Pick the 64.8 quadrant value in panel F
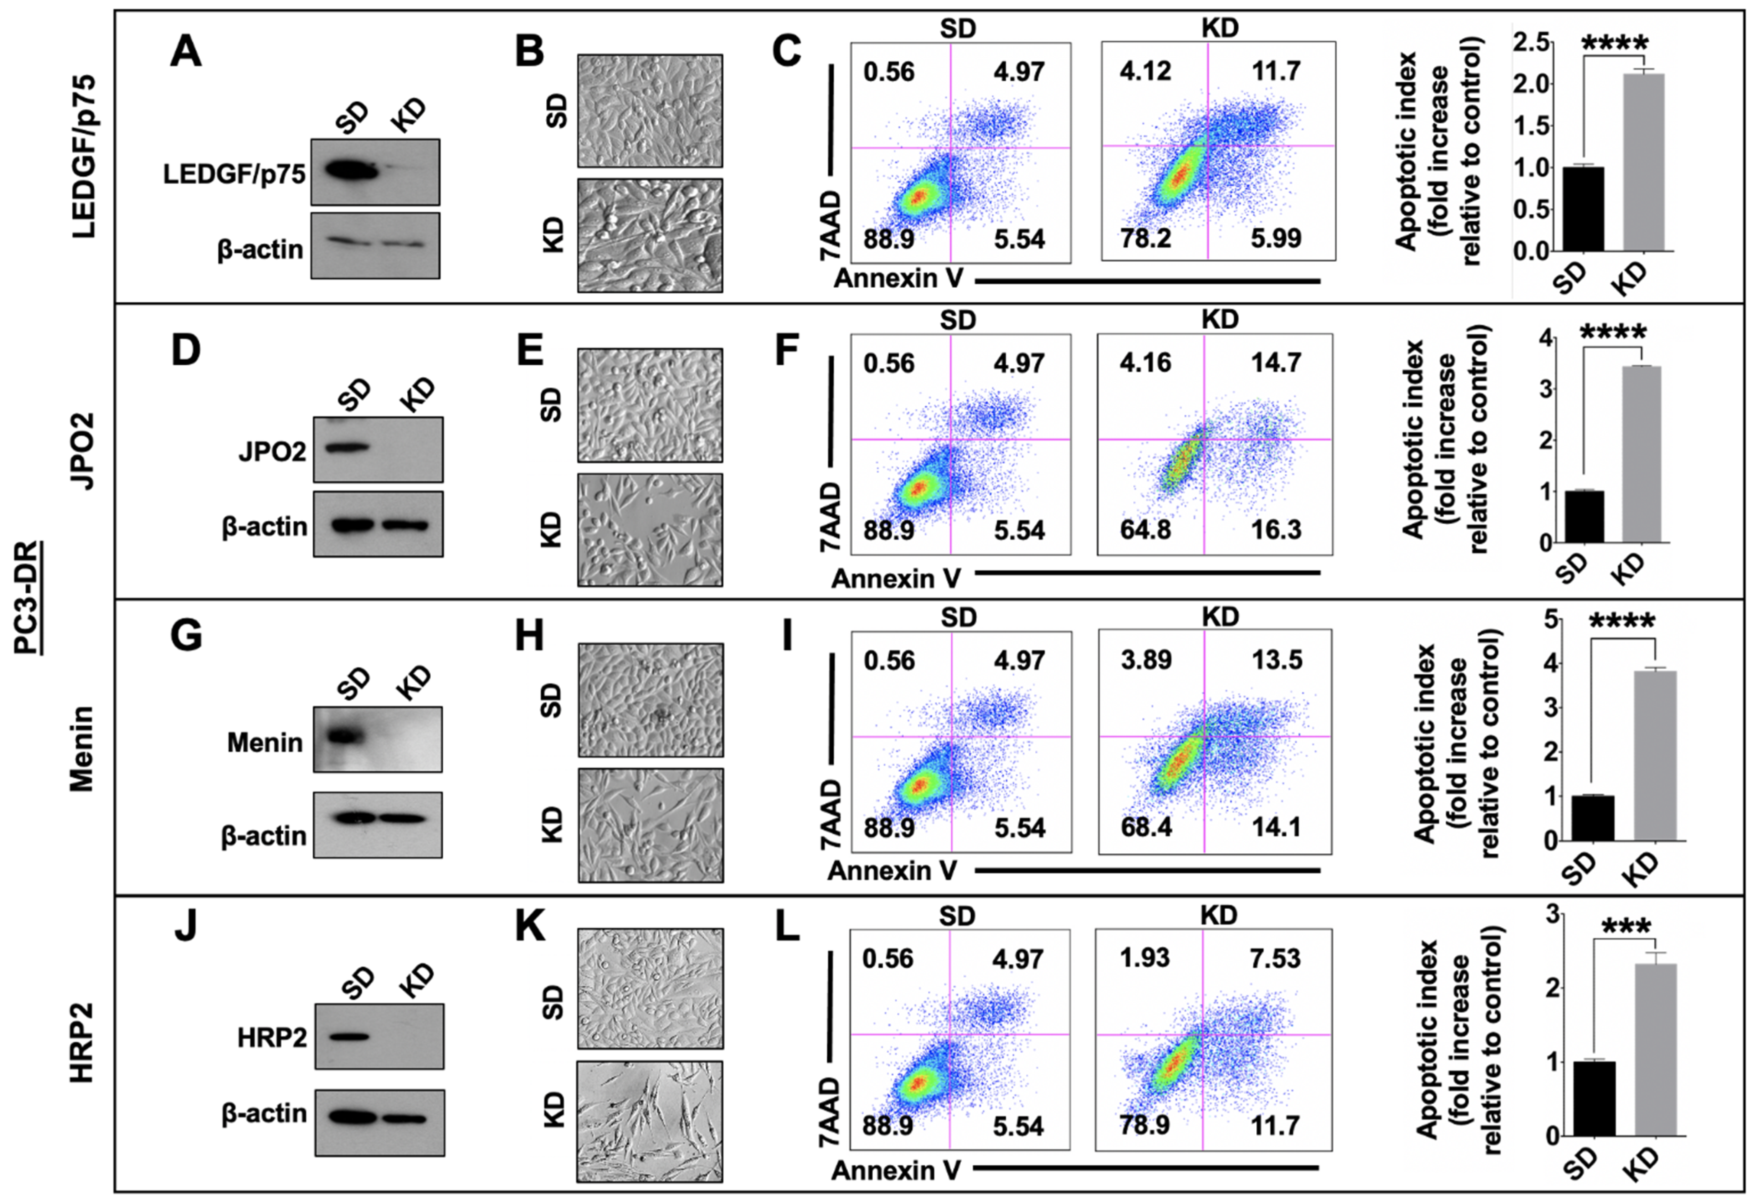click(x=1145, y=530)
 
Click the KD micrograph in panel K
click(x=650, y=1121)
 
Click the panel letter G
click(x=186, y=636)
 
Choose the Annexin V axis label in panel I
click(x=892, y=870)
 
